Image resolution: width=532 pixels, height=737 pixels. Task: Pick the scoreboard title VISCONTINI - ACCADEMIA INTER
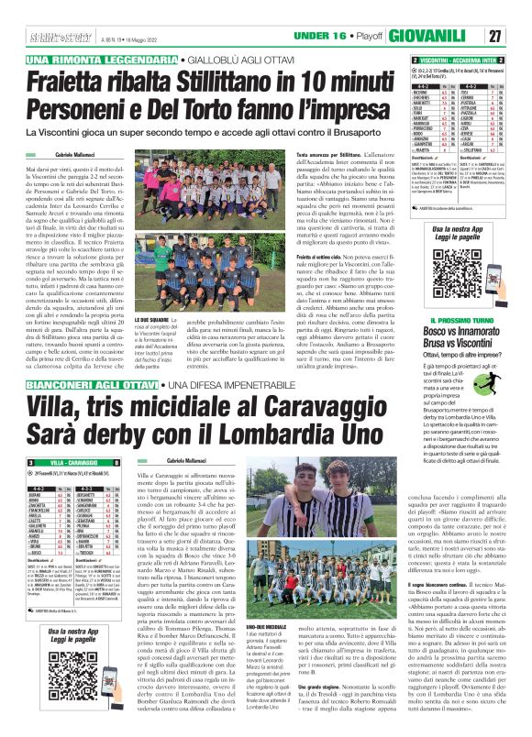coord(457,59)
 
